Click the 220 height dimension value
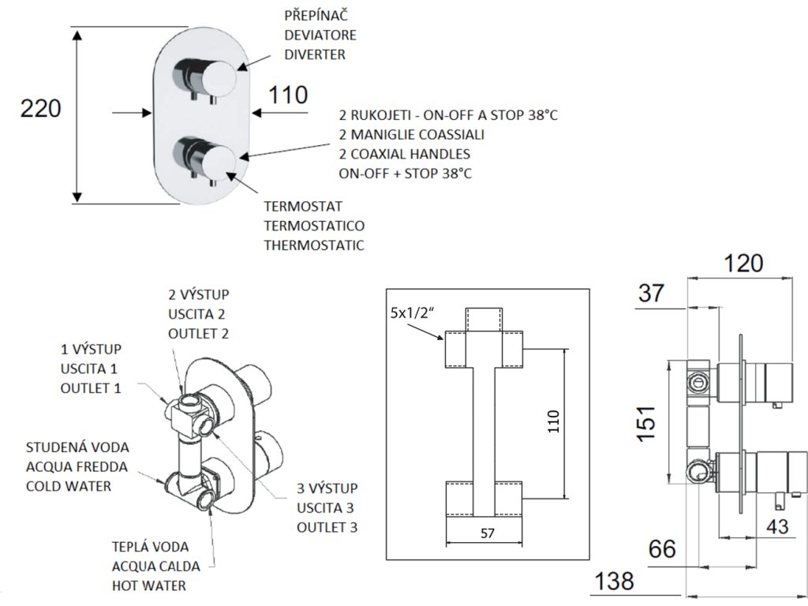pyautogui.click(x=39, y=109)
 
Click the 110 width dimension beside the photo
pyautogui.click(x=287, y=95)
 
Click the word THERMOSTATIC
pyautogui.click(x=314, y=245)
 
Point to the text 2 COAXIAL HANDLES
pyautogui.click(x=405, y=153)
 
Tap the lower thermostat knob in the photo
pyautogui.click(x=219, y=160)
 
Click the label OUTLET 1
pyautogui.click(x=91, y=387)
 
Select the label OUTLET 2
pyautogui.click(x=199, y=333)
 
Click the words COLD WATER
pyautogui.click(x=69, y=485)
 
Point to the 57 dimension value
pyautogui.click(x=487, y=533)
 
